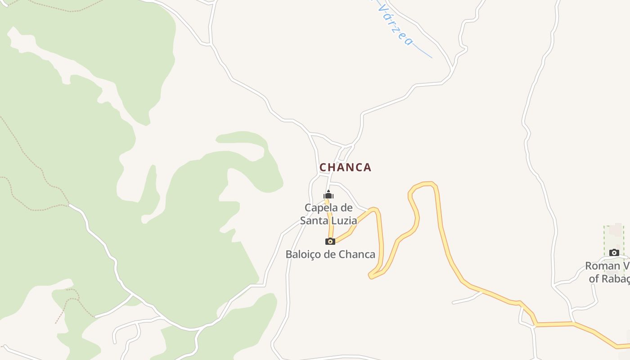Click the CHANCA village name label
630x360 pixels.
[346, 167]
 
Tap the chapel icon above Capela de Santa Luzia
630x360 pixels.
[328, 195]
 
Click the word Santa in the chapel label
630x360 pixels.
[315, 220]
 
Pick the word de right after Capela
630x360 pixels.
[346, 208]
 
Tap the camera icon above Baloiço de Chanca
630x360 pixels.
[330, 241]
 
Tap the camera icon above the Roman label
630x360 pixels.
[614, 252]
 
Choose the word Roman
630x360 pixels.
[602, 266]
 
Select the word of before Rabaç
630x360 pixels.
[594, 279]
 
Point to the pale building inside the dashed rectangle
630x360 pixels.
[615, 229]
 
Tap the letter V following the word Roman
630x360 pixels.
[626, 266]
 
